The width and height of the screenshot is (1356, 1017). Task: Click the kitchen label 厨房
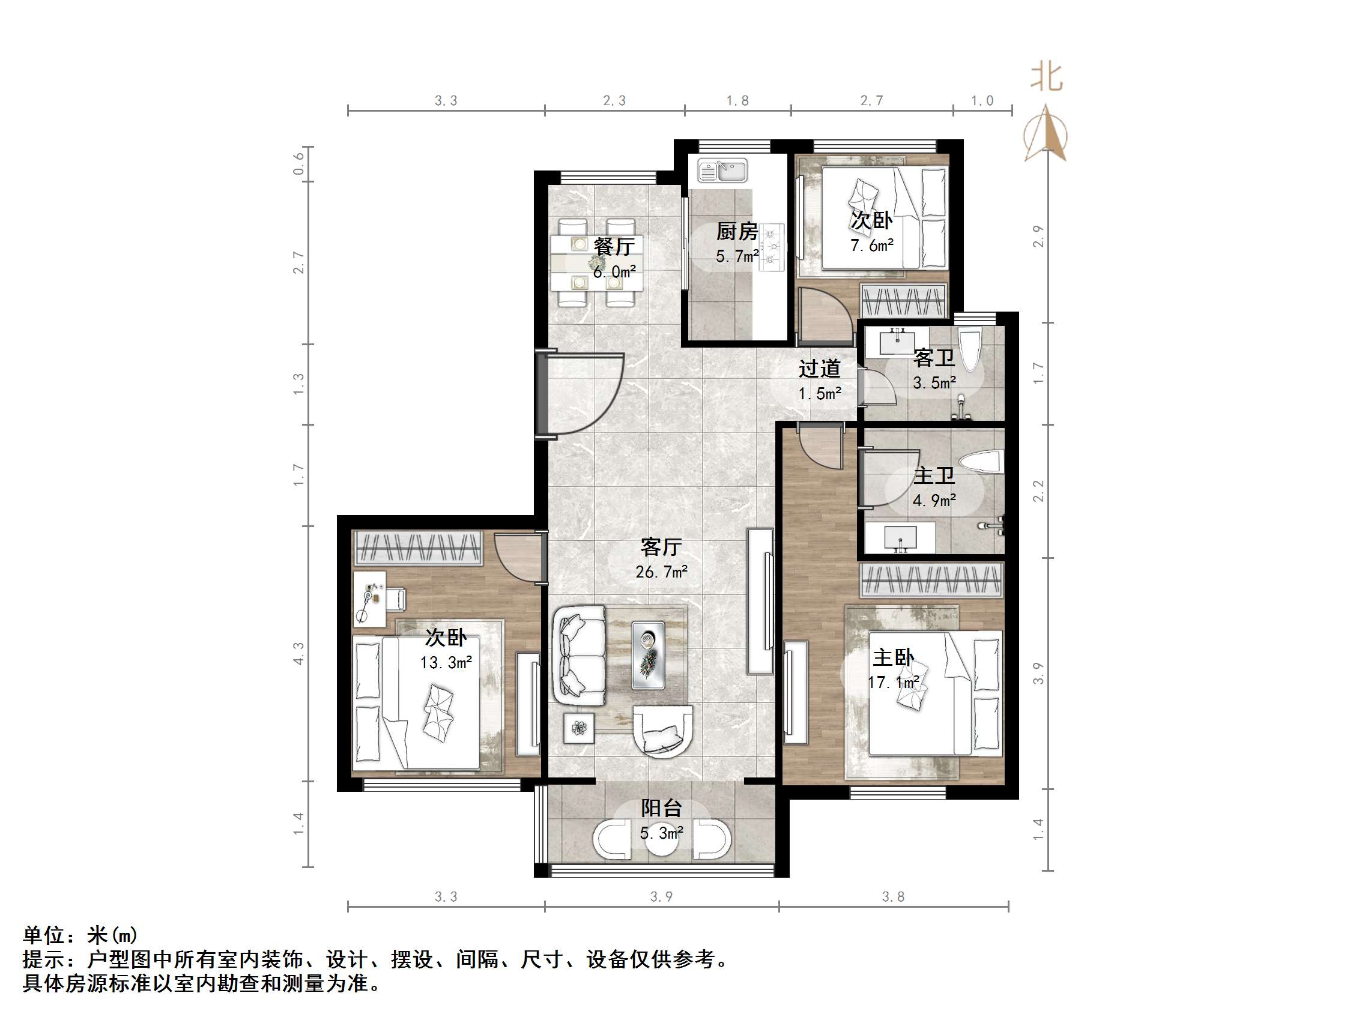[737, 232]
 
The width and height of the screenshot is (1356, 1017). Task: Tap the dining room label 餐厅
[614, 246]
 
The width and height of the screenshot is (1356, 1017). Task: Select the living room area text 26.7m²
[661, 572]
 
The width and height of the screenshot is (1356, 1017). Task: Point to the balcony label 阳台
[661, 808]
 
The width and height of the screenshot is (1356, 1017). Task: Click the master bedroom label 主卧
[893, 658]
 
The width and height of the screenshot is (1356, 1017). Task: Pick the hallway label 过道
[819, 369]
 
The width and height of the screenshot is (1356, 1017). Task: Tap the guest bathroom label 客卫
[934, 358]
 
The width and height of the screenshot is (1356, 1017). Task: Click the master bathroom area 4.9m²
[934, 501]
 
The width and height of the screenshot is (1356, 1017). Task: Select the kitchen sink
[724, 171]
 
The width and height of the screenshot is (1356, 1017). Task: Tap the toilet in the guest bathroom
[970, 350]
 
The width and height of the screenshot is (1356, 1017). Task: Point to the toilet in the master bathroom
[982, 462]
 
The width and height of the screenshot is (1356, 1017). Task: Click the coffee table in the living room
[649, 655]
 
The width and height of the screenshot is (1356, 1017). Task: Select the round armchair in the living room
[662, 731]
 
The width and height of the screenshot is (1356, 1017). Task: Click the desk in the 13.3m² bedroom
[370, 599]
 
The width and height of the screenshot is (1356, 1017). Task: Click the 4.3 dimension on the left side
[298, 653]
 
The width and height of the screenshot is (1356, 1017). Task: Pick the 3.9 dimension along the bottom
[661, 897]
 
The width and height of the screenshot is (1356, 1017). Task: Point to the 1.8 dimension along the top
[737, 100]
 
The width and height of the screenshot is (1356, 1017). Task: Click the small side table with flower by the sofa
[579, 728]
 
